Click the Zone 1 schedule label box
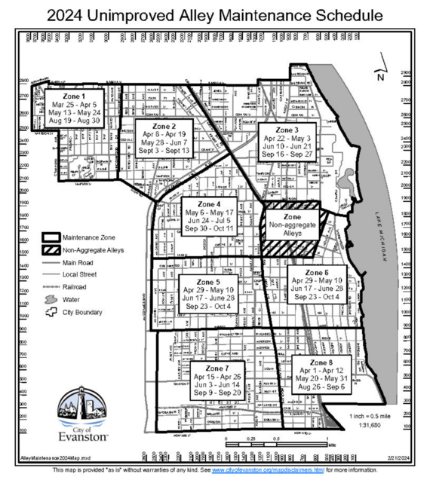click(73, 109)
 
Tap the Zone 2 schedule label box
click(163, 139)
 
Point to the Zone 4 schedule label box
click(209, 216)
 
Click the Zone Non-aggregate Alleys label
click(292, 224)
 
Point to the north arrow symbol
click(379, 74)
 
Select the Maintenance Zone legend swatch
click(51, 237)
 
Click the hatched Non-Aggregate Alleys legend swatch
click(51, 249)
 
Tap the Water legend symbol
click(51, 299)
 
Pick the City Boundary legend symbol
click(51, 312)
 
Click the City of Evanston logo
click(83, 416)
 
